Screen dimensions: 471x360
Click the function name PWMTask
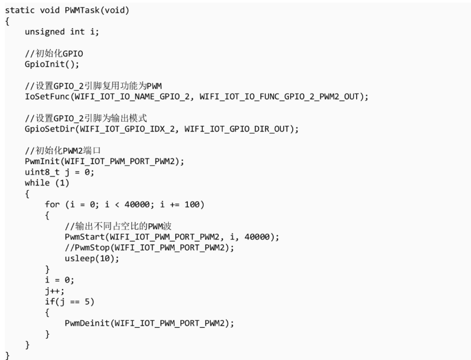(82, 10)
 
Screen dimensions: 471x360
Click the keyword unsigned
(45, 32)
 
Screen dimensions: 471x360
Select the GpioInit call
(52, 64)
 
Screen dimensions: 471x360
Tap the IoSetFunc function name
(47, 96)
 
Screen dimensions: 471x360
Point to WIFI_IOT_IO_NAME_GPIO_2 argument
(132, 97)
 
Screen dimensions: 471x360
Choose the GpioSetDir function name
(49, 129)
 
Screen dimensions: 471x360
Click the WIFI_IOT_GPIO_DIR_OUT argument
(237, 129)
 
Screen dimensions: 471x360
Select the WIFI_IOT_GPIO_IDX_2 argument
(127, 129)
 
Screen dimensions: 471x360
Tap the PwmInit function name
(43, 161)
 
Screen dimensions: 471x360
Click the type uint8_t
(42, 172)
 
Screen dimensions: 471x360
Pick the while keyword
(37, 183)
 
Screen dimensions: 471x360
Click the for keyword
(52, 204)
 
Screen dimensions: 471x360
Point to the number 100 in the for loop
(192, 205)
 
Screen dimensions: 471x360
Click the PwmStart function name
(84, 237)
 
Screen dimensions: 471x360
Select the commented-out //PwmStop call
(149, 247)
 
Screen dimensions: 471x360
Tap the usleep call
(92, 258)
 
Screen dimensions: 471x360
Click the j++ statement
(55, 291)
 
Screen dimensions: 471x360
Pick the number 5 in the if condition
(87, 302)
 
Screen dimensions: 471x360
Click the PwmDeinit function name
(87, 323)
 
